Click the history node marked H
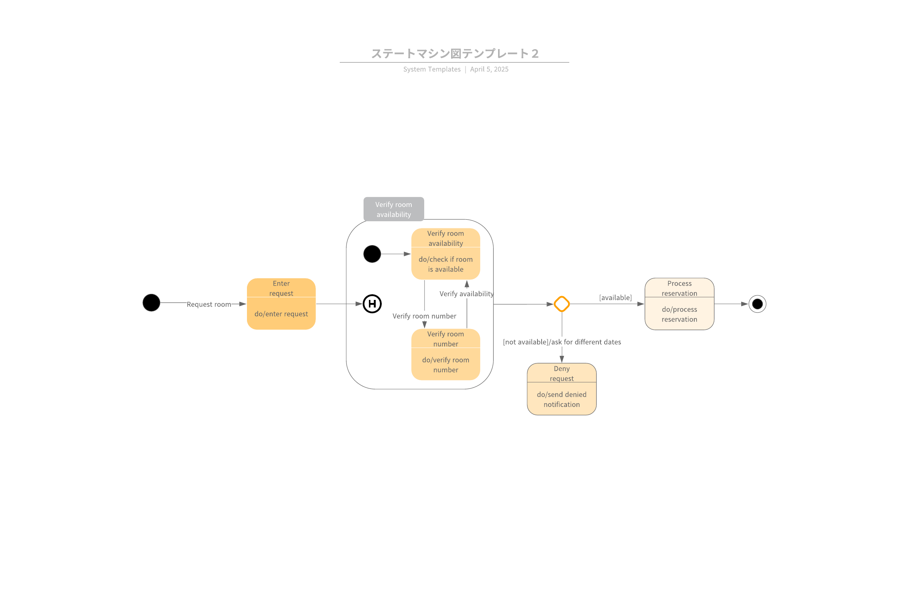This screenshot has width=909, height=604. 372,304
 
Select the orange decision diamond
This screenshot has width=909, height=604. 562,304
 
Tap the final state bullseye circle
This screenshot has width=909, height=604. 757,304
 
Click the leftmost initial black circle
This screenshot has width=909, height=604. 151,303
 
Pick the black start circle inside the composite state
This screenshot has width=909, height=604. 372,254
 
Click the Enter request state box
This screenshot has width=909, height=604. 281,304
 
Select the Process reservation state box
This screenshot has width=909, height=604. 679,304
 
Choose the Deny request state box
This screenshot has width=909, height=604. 562,389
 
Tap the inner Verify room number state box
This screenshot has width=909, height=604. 445,354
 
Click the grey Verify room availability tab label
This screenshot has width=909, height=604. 394,209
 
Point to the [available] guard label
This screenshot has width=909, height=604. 615,298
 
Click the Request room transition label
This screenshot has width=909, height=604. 209,304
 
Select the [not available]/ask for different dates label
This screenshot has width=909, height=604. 562,342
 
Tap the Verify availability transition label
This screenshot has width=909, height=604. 466,294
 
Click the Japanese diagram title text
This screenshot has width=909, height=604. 455,54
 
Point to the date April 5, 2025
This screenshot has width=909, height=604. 489,69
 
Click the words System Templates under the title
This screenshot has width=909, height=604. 432,69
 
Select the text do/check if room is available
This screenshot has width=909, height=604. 445,264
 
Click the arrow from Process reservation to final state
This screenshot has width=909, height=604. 731,304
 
